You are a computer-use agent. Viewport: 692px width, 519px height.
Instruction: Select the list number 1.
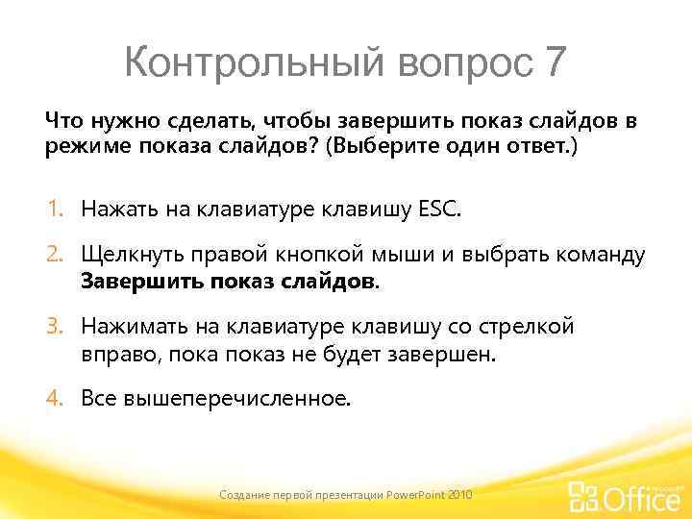tap(57, 209)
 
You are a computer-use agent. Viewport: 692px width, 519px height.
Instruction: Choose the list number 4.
tap(57, 398)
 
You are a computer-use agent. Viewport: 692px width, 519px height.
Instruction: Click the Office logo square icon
tap(583, 496)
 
